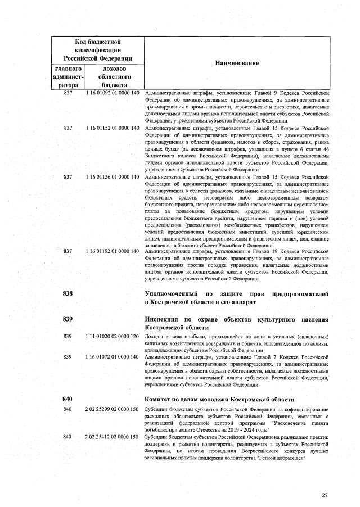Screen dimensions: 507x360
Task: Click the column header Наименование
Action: tap(237, 64)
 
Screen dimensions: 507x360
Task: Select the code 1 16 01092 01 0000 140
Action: tap(112, 93)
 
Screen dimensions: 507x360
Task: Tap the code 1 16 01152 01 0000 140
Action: tap(112, 128)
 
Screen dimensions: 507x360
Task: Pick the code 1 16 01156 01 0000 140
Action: tap(112, 177)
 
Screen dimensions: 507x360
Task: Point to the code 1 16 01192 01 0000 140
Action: tap(112, 251)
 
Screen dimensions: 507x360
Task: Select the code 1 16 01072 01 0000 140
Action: tap(112, 356)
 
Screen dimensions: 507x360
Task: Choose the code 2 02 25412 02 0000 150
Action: tap(112, 437)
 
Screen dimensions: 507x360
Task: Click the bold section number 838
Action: tap(68, 294)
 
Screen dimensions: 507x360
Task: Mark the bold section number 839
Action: tap(68, 319)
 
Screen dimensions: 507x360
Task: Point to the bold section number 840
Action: tap(68, 399)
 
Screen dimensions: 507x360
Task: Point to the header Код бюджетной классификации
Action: tap(98, 50)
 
